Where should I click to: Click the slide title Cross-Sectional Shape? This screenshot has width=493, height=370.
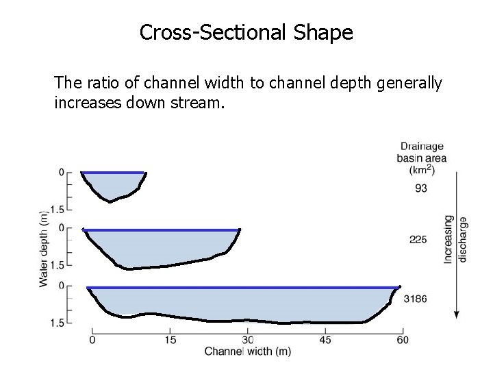(x=246, y=32)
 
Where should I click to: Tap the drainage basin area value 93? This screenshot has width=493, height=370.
(x=422, y=188)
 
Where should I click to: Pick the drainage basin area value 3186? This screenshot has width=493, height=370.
(x=416, y=299)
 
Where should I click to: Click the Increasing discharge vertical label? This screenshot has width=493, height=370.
(x=455, y=239)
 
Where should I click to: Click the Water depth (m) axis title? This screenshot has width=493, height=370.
(x=45, y=247)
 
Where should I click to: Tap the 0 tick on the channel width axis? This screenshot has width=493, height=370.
(x=92, y=339)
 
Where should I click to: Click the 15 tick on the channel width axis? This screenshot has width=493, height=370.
(x=170, y=339)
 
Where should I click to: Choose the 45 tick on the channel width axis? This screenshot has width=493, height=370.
(x=325, y=339)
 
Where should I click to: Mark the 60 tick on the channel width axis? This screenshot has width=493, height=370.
(x=403, y=339)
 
